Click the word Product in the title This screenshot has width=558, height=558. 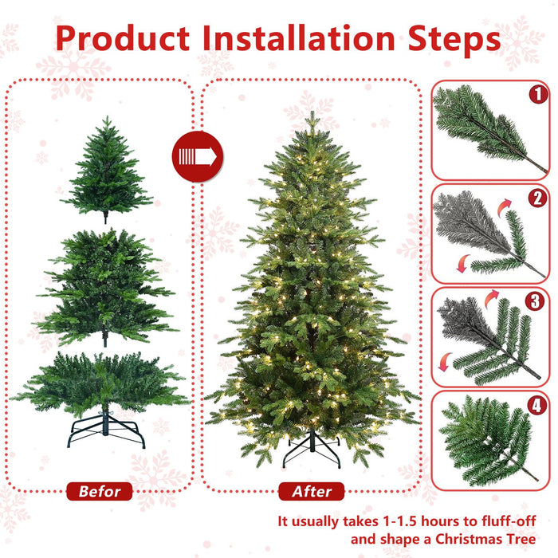[124, 38]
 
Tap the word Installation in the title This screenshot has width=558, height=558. [299, 38]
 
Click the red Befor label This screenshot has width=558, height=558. [100, 491]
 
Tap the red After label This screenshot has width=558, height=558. [311, 491]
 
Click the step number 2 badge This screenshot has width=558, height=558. [539, 198]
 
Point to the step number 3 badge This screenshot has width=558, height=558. [539, 302]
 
